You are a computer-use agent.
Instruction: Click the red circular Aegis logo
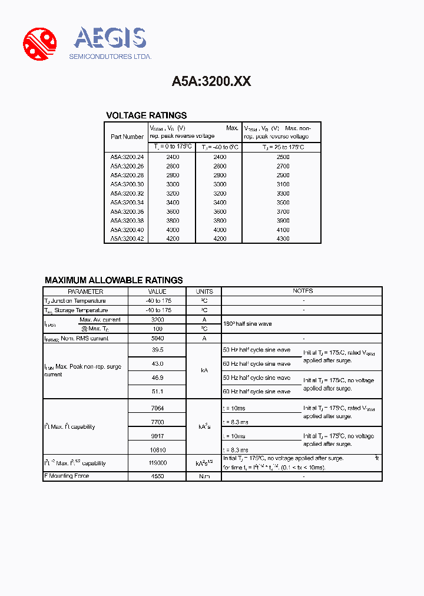pyautogui.click(x=39, y=44)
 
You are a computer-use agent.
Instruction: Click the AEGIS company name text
pyautogui.click(x=110, y=38)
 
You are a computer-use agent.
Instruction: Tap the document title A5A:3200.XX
pyautogui.click(x=211, y=81)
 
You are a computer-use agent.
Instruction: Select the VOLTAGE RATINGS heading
pyautogui.click(x=146, y=115)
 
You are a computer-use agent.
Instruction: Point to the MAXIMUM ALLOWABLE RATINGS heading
pyautogui.click(x=114, y=280)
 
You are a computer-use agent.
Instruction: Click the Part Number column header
pyautogui.click(x=127, y=137)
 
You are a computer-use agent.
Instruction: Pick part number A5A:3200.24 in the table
pyautogui.click(x=127, y=157)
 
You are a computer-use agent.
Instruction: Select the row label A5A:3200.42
pyautogui.click(x=127, y=239)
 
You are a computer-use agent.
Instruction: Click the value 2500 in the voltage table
pyautogui.click(x=283, y=157)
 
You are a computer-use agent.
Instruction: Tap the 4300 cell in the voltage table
pyautogui.click(x=283, y=239)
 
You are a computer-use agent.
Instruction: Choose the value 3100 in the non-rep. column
pyautogui.click(x=283, y=184)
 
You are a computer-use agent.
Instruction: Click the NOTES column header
pyautogui.click(x=303, y=291)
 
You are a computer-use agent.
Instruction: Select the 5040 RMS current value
pyautogui.click(x=157, y=339)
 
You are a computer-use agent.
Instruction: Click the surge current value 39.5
pyautogui.click(x=157, y=349)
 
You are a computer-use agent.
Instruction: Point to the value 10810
pyautogui.click(x=157, y=450)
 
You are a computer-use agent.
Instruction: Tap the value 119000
pyautogui.click(x=157, y=463)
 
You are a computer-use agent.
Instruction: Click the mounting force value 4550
pyautogui.click(x=157, y=476)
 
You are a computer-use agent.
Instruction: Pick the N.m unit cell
pyautogui.click(x=204, y=476)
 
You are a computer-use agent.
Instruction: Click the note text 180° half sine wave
pyautogui.click(x=247, y=324)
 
